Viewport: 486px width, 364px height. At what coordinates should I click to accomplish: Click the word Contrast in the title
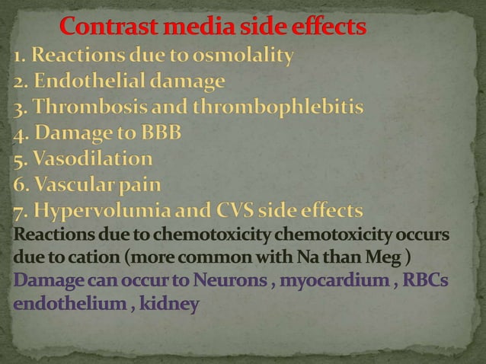coord(106,28)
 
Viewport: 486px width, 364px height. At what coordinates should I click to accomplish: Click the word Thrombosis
coord(88,107)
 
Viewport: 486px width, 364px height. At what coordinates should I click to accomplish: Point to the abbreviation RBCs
coord(426,281)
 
